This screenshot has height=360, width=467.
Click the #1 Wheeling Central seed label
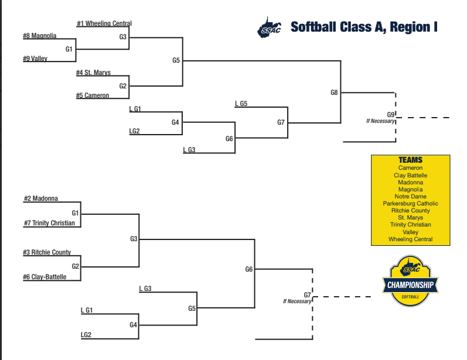point(104,23)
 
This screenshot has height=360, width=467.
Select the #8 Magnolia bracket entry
point(40,36)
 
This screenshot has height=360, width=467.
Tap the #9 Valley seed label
point(35,59)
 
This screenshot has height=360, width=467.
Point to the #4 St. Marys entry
point(93,73)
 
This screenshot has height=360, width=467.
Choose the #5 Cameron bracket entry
point(93,95)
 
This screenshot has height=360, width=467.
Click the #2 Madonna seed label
point(41,198)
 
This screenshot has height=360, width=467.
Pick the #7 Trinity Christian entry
point(49,223)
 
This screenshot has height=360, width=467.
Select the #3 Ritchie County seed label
point(47,252)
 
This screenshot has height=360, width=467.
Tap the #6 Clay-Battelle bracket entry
point(45,277)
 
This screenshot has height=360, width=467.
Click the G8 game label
point(334,92)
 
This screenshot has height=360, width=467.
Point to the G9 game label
point(391,115)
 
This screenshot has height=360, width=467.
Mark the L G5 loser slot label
point(241,104)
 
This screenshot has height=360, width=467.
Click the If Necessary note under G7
point(297,301)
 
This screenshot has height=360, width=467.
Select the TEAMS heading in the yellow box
point(410,160)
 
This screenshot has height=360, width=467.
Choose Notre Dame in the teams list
point(410,196)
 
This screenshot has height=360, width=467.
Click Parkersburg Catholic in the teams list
point(410,204)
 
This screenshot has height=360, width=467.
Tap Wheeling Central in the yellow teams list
point(410,239)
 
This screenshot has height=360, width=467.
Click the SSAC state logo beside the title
point(269,28)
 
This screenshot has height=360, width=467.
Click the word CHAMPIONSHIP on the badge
point(410,285)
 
